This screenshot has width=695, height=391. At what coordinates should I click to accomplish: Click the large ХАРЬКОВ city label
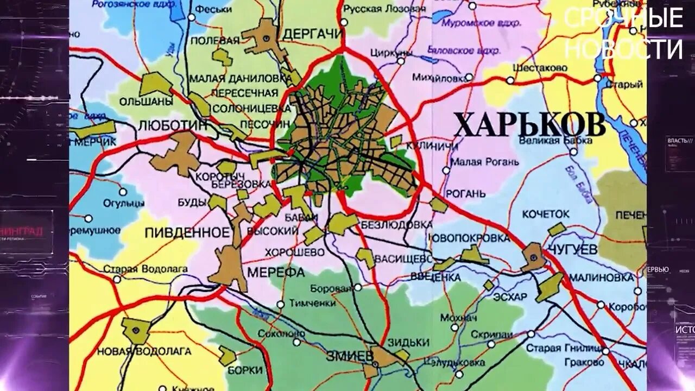tap(529, 126)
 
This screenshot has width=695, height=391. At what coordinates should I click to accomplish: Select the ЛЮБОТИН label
tap(173, 124)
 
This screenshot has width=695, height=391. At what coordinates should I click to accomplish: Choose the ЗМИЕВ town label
tap(350, 356)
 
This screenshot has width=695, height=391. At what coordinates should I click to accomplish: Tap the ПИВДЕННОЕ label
tap(187, 233)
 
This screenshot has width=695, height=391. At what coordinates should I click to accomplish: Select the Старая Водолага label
tap(145, 269)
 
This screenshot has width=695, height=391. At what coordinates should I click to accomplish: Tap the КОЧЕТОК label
tap(546, 214)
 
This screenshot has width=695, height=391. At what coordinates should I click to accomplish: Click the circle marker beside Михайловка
tap(469, 78)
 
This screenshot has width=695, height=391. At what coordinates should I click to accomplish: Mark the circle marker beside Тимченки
tap(280, 304)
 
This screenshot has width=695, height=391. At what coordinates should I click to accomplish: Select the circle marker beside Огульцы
tap(123, 192)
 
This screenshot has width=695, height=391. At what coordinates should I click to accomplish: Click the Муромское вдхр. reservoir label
tap(481, 23)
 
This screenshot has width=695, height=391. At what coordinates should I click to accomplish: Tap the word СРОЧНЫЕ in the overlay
tap(623, 18)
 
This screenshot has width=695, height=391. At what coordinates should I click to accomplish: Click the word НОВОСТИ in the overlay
tap(623, 49)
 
